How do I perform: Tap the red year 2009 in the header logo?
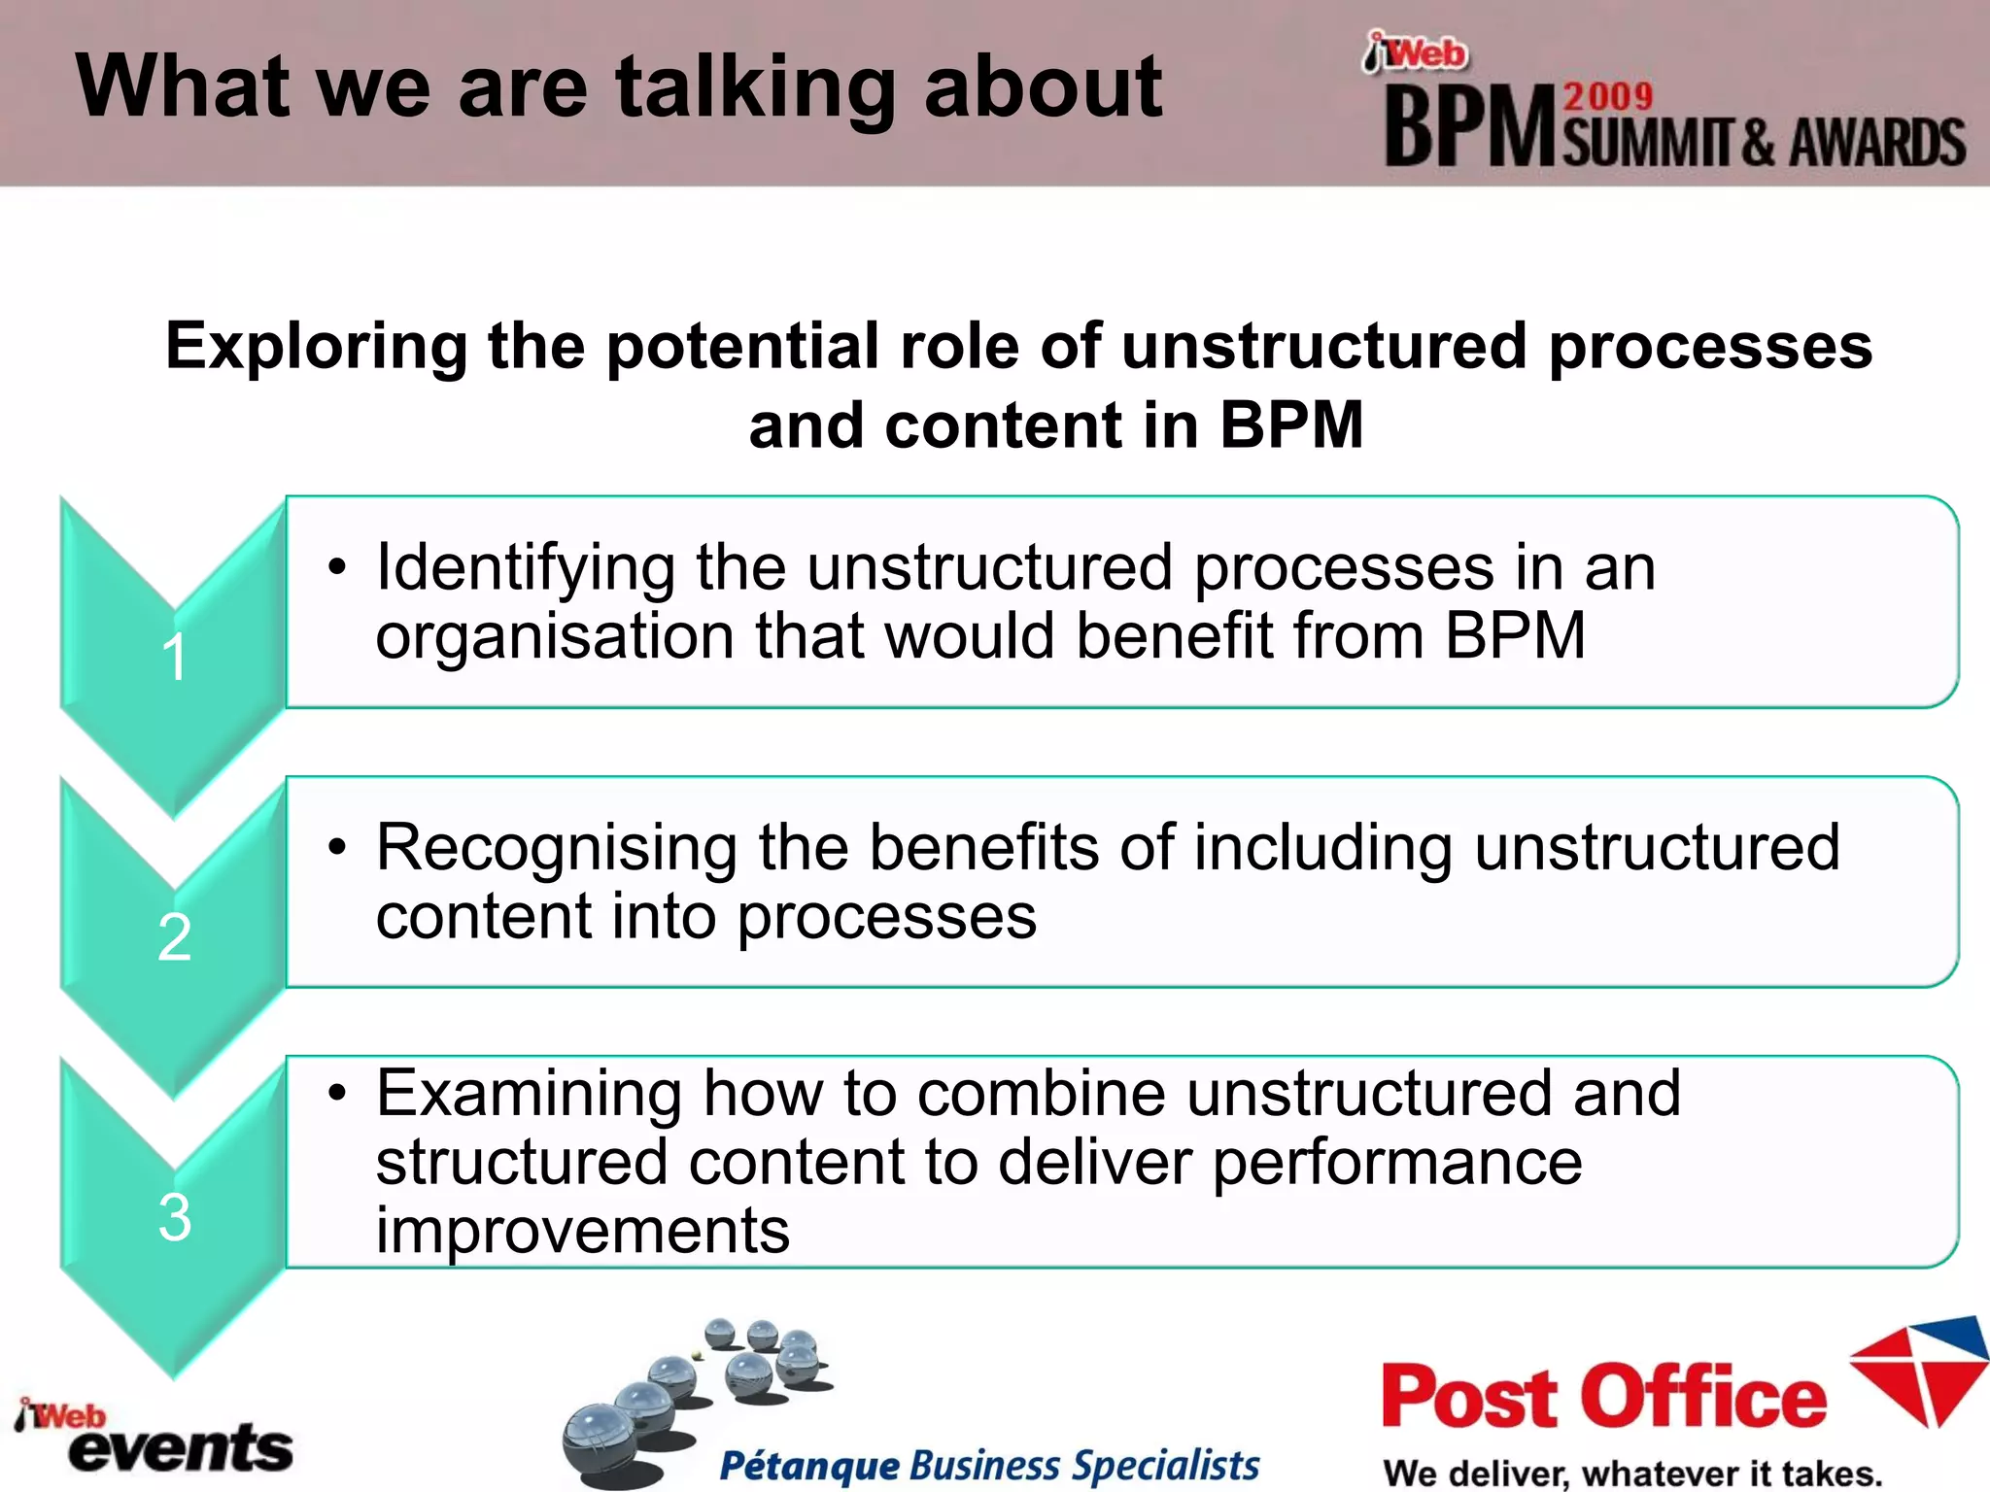[1608, 97]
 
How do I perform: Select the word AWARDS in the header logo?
[1877, 144]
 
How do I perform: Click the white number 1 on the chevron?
[174, 658]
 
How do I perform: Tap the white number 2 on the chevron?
[175, 937]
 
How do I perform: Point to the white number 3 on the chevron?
[175, 1216]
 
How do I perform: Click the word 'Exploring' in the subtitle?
[316, 347]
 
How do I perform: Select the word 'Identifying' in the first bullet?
[525, 568]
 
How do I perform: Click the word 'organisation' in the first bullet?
[554, 636]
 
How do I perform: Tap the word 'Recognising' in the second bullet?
[556, 848]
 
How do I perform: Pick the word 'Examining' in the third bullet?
[529, 1094]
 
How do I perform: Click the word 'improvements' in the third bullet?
[583, 1231]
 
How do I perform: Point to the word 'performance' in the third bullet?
[1397, 1162]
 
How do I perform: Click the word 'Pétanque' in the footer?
[809, 1465]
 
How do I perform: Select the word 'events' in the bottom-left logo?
[181, 1449]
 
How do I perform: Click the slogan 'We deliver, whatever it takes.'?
[1632, 1473]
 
